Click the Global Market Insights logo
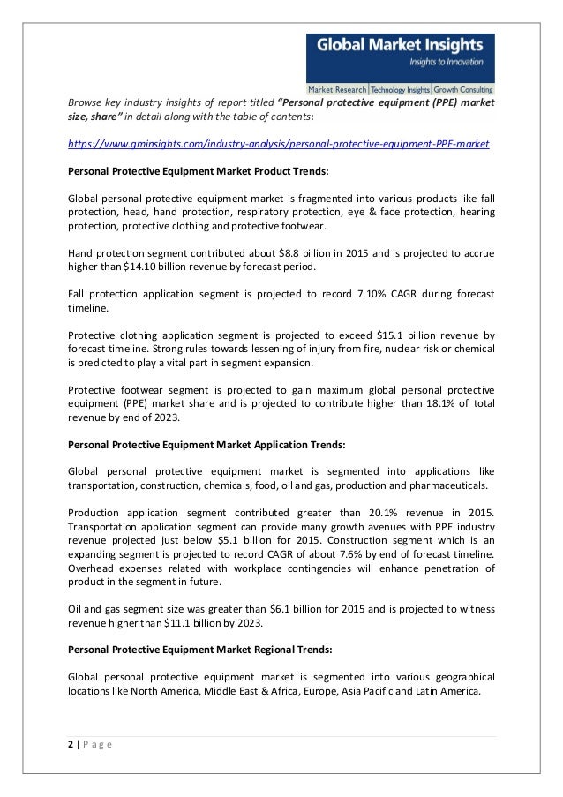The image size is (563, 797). (399, 57)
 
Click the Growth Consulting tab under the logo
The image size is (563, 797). (463, 90)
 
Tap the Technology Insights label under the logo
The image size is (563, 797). (400, 90)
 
